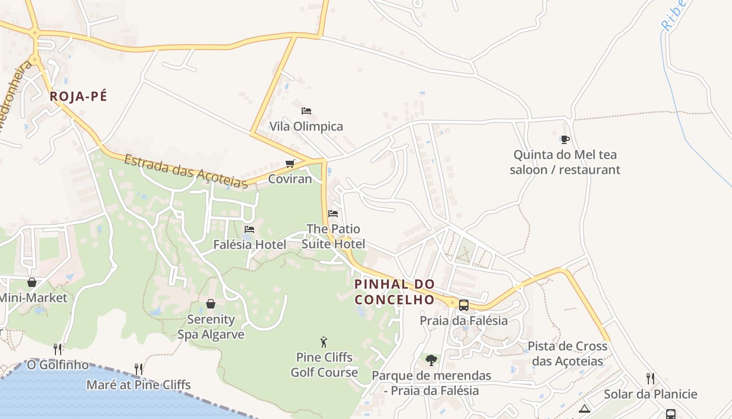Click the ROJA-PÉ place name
(78, 96)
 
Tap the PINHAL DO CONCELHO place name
(395, 292)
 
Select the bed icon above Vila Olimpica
(306, 111)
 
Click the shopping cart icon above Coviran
(290, 163)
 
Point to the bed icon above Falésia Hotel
(249, 229)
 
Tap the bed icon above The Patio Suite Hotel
(333, 213)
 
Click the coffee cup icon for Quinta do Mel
(565, 139)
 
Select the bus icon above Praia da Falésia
(463, 305)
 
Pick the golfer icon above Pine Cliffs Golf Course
(324, 342)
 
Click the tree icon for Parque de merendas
(431, 360)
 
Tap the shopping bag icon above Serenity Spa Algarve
(211, 303)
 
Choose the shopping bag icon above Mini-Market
(32, 282)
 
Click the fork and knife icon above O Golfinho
(58, 349)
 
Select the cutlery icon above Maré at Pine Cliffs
(139, 369)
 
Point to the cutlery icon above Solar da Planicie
(650, 378)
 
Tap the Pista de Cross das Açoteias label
(567, 354)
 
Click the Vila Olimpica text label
(306, 126)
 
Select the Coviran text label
(290, 179)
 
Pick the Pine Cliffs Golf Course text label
(324, 365)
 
